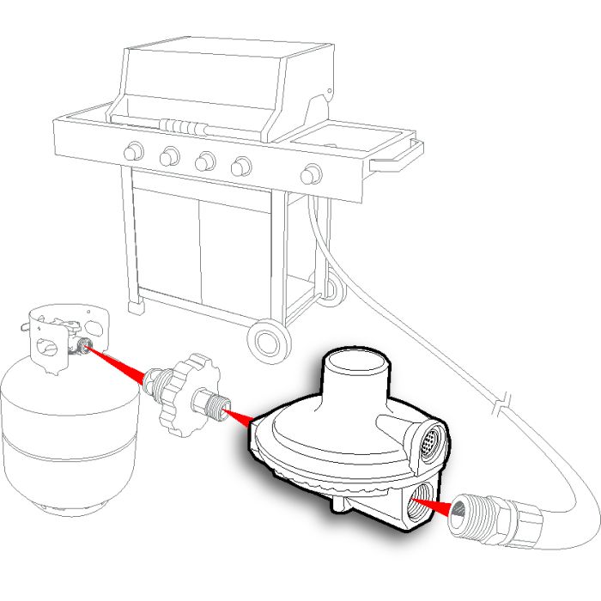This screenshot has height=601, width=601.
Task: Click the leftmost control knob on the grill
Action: [133, 152]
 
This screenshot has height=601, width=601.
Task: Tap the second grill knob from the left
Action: [169, 155]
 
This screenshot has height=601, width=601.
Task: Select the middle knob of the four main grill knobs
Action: [204, 160]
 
